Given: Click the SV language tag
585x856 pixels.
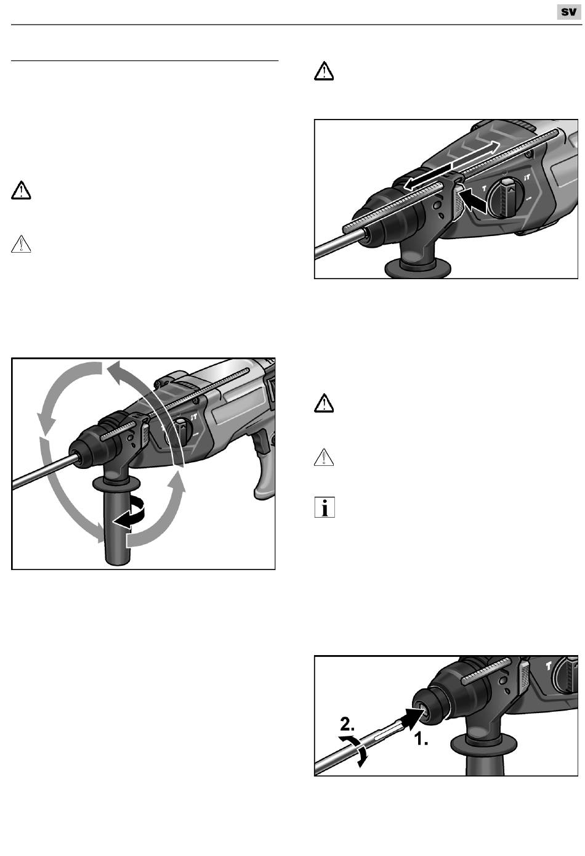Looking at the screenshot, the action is click(568, 12).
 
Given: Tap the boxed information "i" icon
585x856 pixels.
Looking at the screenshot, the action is click(325, 507).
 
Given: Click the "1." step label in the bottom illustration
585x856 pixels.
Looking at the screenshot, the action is click(422, 740).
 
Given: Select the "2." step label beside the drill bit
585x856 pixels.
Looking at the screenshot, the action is click(347, 724).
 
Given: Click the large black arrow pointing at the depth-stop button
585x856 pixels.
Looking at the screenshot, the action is click(474, 201).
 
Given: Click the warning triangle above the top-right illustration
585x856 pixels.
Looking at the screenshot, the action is click(324, 71).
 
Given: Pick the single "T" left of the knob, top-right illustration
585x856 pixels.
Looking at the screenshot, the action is click(484, 189).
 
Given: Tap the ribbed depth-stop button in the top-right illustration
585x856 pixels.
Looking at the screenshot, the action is click(458, 202).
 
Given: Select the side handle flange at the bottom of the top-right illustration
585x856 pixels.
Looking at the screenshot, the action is click(418, 267).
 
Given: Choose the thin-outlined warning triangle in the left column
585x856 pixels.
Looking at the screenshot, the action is click(21, 244).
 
